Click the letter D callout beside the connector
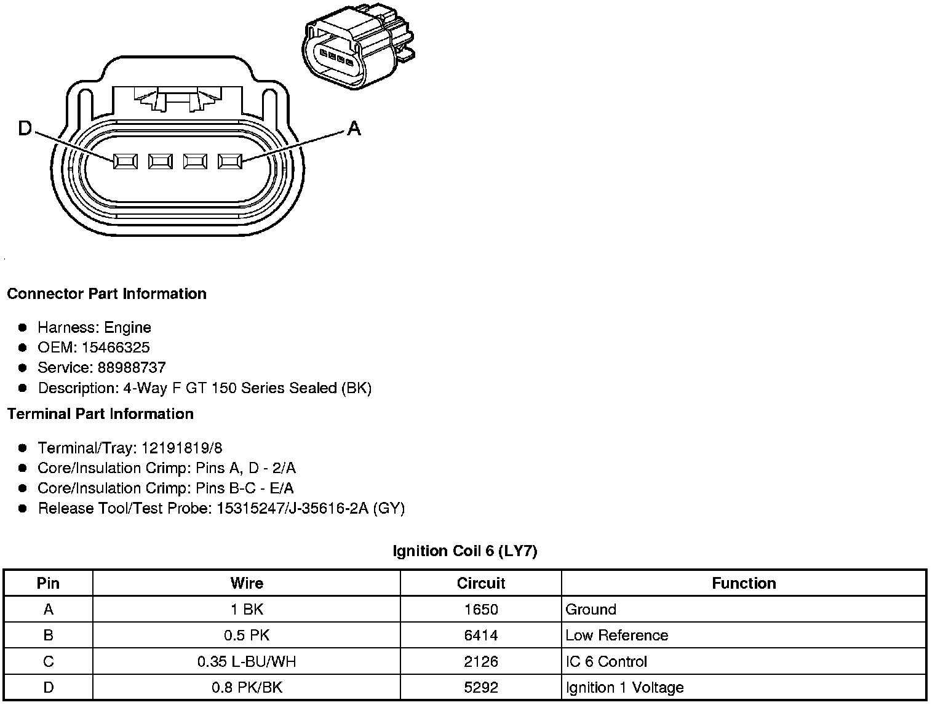point(25,129)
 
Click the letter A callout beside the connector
point(354,129)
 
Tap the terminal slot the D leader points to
point(125,162)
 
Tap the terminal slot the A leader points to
point(230,162)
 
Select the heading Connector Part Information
point(106,293)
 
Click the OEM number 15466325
point(116,347)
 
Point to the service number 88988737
point(132,367)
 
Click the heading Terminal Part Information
point(100,413)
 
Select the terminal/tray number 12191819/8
point(181,447)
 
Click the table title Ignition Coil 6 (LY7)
point(464,551)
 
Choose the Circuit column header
point(480,583)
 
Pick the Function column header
point(744,583)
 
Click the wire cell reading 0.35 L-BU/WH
point(246,661)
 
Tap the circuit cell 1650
point(480,610)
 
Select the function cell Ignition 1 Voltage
point(624,687)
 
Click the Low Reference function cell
point(616,635)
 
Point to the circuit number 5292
point(480,687)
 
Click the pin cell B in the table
point(48,635)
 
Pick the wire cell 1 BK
point(246,610)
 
